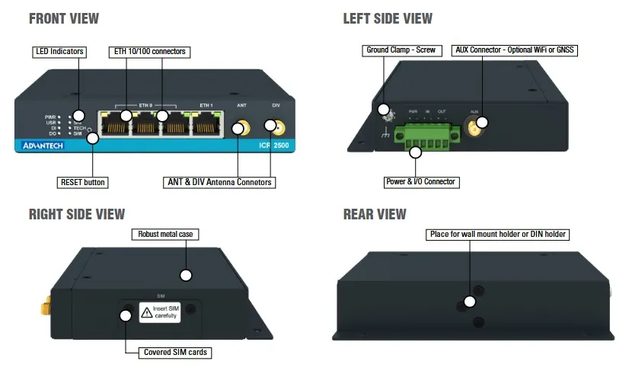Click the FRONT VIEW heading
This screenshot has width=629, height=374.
tap(64, 18)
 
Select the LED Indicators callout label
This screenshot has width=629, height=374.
tap(59, 52)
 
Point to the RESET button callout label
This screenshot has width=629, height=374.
tap(83, 182)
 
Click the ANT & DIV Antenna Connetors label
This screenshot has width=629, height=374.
tap(219, 182)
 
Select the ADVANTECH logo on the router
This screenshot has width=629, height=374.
tap(43, 145)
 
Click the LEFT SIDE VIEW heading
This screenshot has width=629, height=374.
tap(388, 18)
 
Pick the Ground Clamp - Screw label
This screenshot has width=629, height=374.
tap(401, 50)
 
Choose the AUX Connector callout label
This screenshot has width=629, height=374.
tap(516, 50)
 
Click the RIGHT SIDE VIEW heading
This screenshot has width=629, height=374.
tap(77, 214)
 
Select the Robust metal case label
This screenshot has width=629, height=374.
tap(164, 234)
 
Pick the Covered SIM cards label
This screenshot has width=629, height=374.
tap(176, 353)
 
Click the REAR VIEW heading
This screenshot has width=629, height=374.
tap(375, 214)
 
